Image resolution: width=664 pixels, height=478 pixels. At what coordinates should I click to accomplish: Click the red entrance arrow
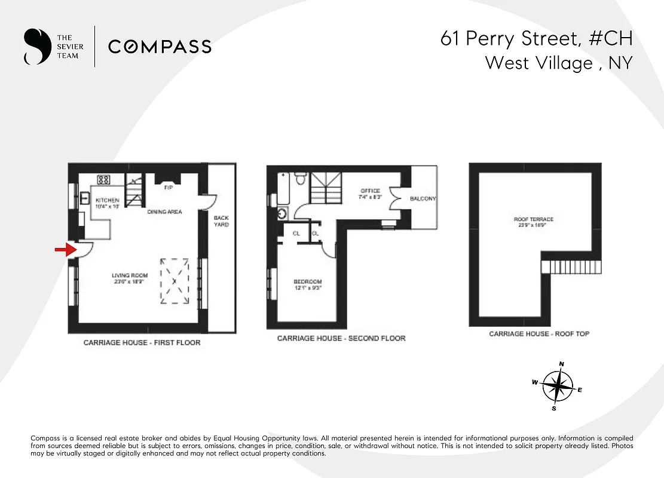(62, 250)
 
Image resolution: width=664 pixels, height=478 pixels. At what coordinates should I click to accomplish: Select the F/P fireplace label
(169, 187)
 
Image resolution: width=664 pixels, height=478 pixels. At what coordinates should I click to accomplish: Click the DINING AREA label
(164, 212)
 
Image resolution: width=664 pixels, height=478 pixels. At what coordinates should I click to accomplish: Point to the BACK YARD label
(221, 221)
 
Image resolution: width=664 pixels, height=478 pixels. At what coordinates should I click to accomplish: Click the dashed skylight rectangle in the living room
(175, 281)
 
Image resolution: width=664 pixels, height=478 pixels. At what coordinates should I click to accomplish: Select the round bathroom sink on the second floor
(282, 213)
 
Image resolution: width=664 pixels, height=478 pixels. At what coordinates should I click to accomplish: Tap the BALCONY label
(423, 198)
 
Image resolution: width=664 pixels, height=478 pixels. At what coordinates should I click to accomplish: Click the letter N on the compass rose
(561, 364)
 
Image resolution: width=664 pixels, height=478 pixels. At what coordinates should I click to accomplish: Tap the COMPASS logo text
(160, 47)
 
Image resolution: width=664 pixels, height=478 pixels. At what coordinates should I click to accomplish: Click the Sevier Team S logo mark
(36, 47)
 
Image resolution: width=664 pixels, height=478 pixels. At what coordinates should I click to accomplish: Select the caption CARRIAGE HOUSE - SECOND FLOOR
(341, 338)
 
